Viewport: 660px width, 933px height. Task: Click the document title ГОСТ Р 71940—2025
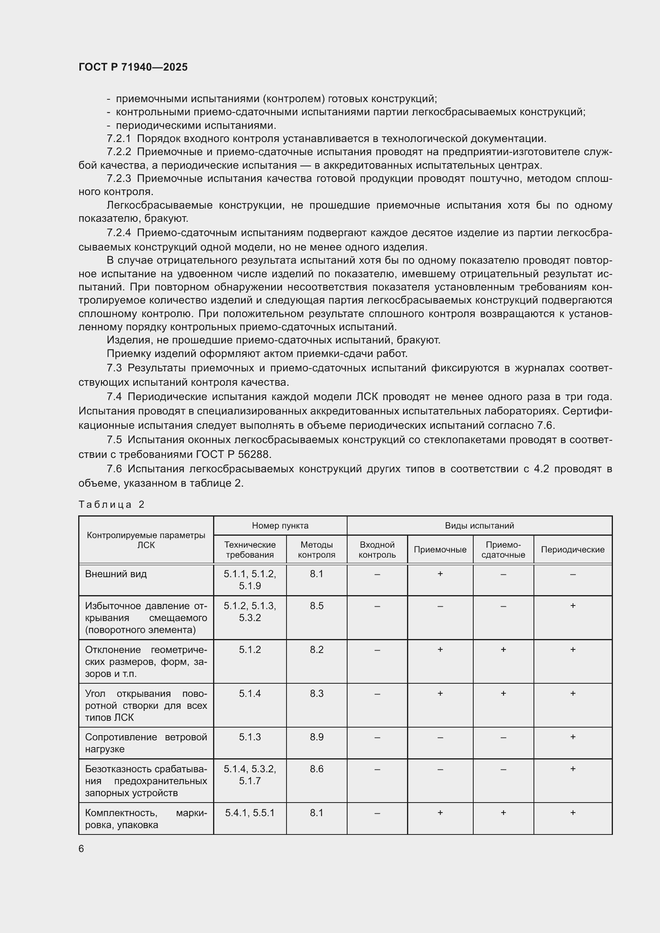pos(133,67)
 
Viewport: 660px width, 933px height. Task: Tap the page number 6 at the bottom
pos(81,848)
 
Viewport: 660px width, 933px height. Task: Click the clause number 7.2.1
pos(119,138)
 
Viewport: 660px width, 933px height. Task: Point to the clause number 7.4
pos(114,396)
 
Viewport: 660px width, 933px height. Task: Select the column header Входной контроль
pos(377,549)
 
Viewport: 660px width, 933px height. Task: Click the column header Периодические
pos(572,549)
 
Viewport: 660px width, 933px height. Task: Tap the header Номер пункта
pos(280,525)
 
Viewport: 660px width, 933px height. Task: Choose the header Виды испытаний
pos(479,525)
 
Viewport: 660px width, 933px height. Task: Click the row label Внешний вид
pos(116,574)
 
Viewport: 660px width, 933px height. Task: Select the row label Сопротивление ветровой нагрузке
pos(146,743)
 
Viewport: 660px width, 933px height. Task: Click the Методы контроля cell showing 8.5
pos(316,606)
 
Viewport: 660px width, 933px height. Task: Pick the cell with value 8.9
pos(316,737)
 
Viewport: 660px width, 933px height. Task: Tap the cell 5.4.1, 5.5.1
pos(249,813)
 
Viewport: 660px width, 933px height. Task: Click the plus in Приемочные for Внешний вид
pos(440,574)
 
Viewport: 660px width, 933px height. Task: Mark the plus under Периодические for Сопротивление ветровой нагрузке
pos(572,737)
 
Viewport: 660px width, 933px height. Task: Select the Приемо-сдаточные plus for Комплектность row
pos(503,813)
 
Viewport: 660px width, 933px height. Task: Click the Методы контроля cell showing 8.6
pos(316,769)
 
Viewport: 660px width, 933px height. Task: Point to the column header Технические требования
pos(249,549)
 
